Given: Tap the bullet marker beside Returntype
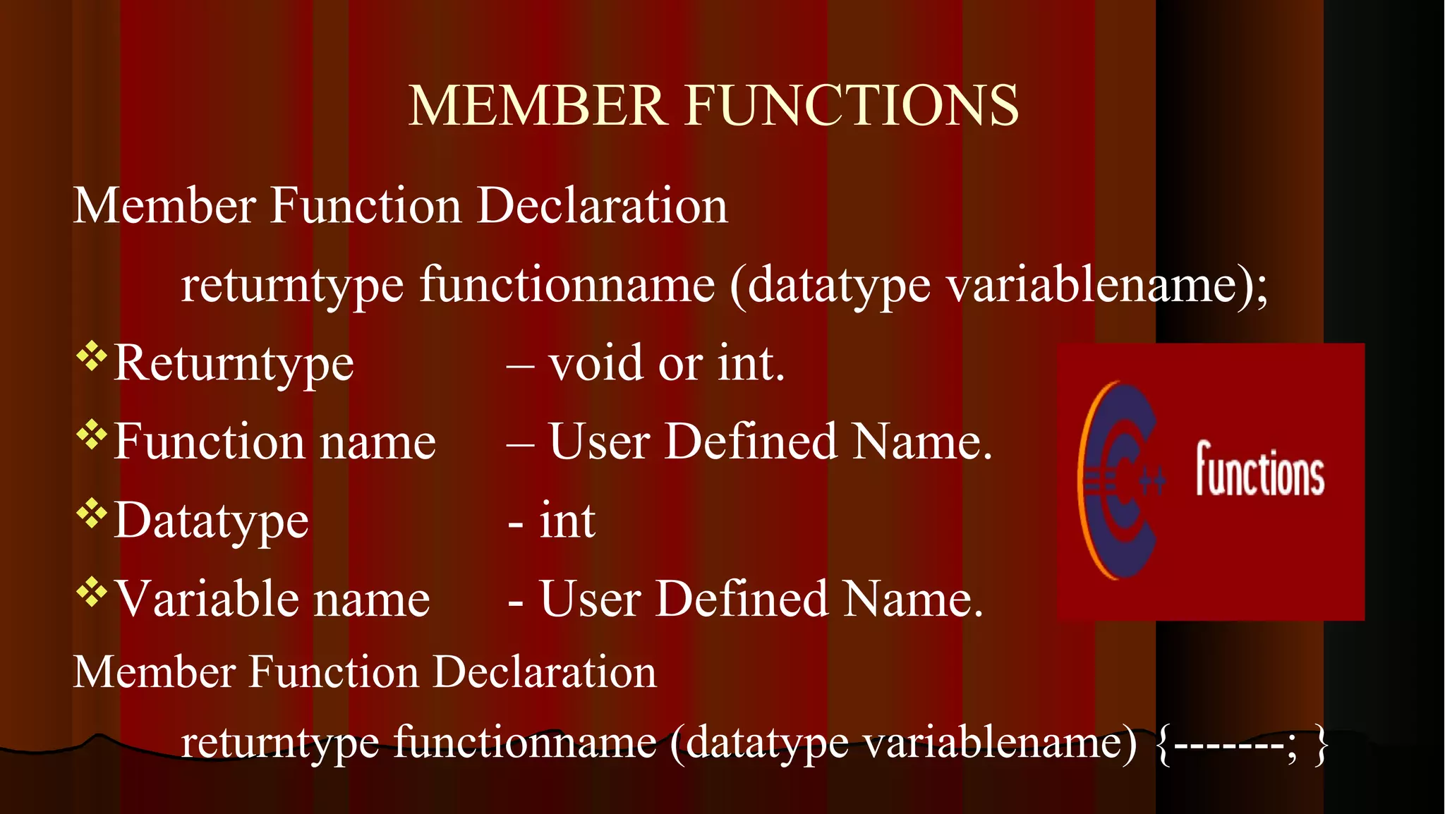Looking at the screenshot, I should [x=91, y=356].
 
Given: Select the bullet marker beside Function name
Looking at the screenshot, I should [x=91, y=435].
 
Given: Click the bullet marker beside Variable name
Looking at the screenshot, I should [x=91, y=592].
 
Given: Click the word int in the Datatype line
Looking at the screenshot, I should [x=567, y=521].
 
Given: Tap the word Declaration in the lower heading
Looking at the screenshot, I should [x=545, y=672].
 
